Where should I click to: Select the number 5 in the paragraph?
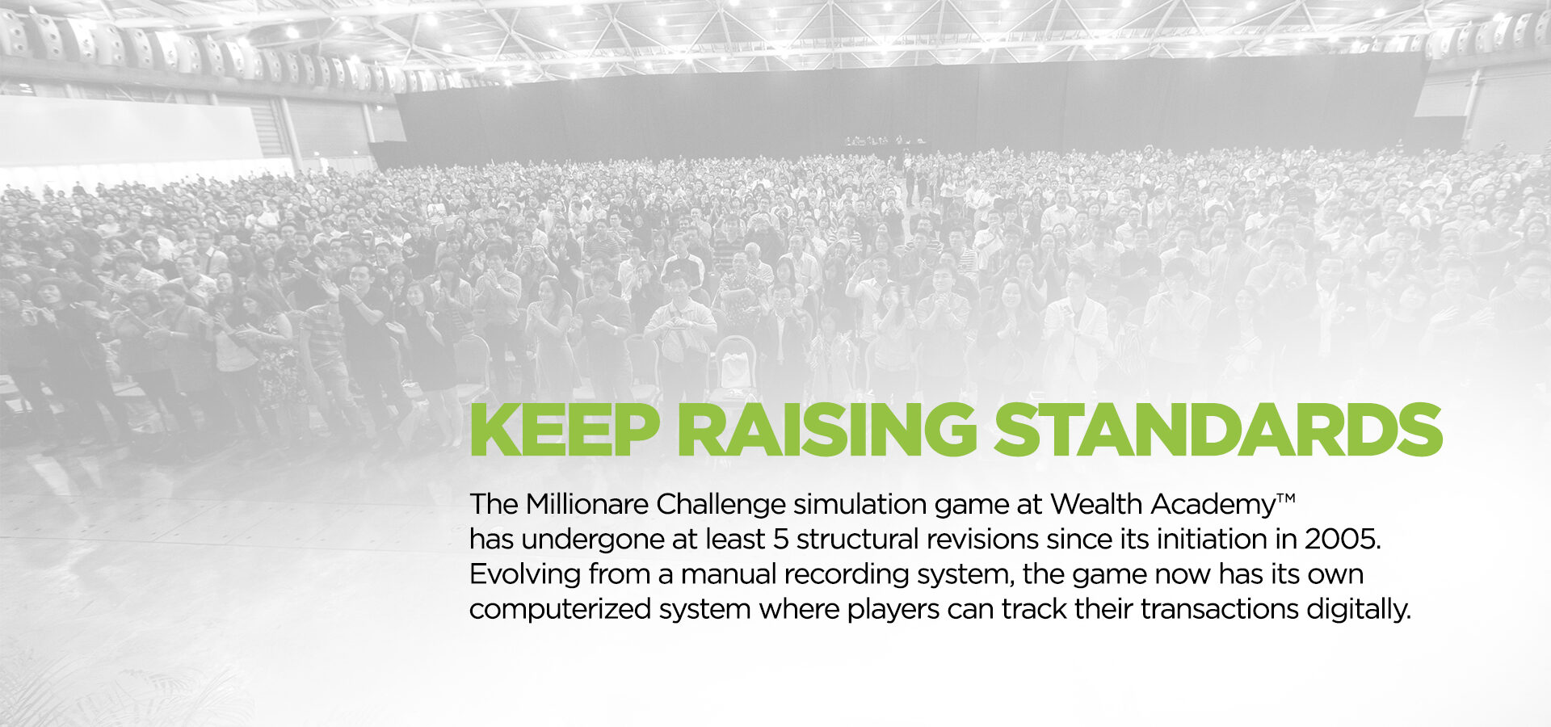(780, 539)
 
